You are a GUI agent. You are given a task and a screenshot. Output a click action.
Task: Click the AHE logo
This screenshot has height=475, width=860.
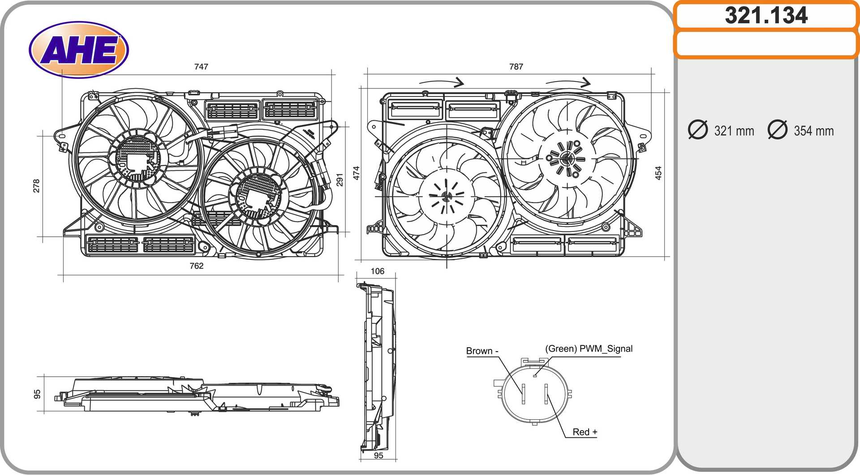point(79,49)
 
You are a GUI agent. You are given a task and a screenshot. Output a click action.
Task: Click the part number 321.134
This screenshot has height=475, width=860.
point(766,16)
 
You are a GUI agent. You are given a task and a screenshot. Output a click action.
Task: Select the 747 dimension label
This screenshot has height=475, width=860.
point(201,67)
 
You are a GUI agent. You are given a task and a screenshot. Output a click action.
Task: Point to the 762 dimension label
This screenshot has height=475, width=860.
point(196,266)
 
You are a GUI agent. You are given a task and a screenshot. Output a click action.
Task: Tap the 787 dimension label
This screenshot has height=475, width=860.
point(516,67)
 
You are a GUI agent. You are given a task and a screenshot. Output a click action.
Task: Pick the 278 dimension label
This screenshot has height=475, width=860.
point(36,186)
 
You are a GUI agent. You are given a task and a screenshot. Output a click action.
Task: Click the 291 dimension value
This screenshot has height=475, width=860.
point(340,179)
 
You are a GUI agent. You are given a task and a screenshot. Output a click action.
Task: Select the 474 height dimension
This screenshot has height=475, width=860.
point(357,173)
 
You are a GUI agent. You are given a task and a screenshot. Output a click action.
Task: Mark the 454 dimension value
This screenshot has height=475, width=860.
point(658,173)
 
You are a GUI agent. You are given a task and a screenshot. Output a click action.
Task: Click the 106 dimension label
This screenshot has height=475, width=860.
point(377,271)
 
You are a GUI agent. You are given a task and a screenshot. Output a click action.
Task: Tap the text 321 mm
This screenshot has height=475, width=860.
point(734,131)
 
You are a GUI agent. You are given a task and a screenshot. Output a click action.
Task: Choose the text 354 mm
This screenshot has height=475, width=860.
point(813,131)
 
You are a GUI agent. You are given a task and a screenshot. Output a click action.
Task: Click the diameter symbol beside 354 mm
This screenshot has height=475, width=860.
point(777,130)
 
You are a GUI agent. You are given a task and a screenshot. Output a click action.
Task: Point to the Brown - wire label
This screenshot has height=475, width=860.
point(482,351)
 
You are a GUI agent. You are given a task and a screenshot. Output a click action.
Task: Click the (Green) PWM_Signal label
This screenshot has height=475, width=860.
point(589,349)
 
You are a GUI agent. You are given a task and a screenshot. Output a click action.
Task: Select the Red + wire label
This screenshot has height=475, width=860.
point(585,432)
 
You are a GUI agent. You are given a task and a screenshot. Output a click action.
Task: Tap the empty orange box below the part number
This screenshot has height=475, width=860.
point(766,44)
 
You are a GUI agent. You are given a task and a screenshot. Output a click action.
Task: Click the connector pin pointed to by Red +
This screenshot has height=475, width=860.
point(546,394)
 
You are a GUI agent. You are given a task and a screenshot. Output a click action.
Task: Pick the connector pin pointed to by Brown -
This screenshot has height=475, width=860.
point(523,394)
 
